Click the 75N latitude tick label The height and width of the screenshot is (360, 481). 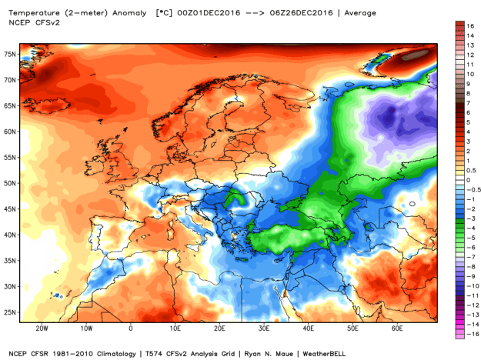9,55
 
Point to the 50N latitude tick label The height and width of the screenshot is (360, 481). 9,183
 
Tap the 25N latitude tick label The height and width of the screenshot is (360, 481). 9,312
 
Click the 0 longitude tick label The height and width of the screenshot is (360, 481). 130,328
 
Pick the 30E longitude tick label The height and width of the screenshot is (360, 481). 263,328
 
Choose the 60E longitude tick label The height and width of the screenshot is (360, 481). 397,328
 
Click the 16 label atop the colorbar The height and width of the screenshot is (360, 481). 468,25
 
